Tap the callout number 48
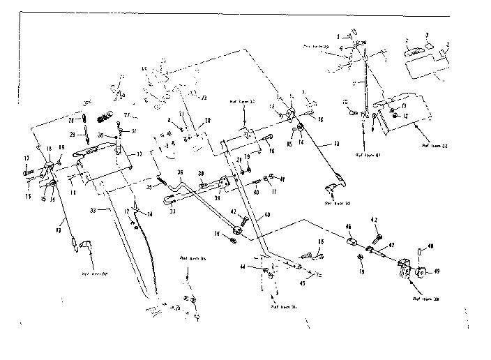pyautogui.click(x=430, y=246)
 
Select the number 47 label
pyautogui.click(x=391, y=246)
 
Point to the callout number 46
pyautogui.click(x=349, y=227)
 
